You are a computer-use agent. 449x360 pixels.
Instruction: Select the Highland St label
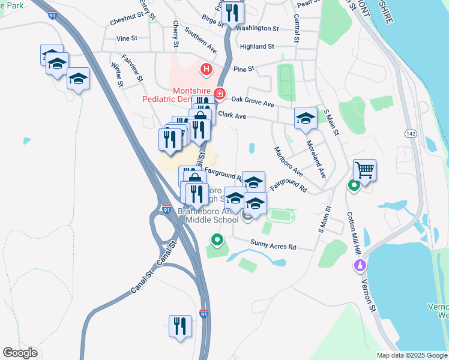click(256, 46)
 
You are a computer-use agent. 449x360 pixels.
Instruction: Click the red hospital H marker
click(206, 70)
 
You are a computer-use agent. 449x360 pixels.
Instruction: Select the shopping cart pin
click(364, 170)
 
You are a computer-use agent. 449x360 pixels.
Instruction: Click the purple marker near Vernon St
click(360, 265)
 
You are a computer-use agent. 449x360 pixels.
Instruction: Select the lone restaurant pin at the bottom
click(180, 326)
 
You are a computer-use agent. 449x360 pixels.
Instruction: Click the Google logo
click(20, 353)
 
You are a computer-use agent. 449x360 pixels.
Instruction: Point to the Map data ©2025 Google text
click(412, 355)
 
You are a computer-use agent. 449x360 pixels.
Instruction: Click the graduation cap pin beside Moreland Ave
click(306, 118)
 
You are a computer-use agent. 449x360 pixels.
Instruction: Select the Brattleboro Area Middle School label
click(211, 216)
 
